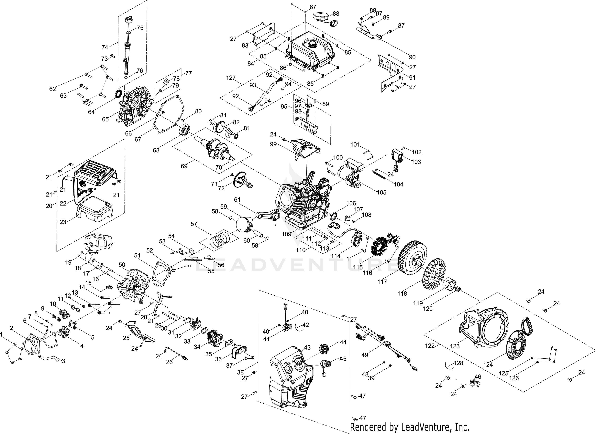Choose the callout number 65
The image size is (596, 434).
coord(105,119)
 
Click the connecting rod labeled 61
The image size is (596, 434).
coord(267,214)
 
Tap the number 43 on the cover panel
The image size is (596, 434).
coord(307,348)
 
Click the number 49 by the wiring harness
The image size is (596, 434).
coord(365,355)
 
